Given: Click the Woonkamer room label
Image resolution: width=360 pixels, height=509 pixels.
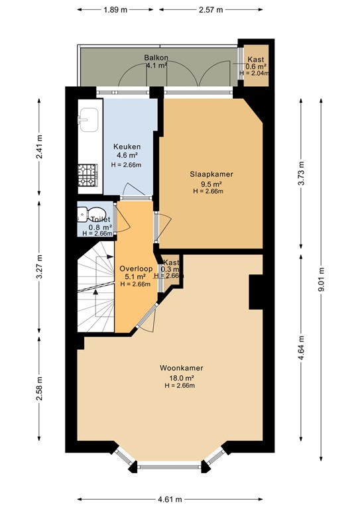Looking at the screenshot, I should click(x=181, y=368).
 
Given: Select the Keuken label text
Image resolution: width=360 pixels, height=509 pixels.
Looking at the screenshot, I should click(x=127, y=146).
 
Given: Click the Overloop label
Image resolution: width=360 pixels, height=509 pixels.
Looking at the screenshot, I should click(x=136, y=268).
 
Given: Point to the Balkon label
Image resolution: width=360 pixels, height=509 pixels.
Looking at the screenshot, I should click(x=155, y=58).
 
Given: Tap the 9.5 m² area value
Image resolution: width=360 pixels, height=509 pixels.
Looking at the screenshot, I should click(x=211, y=184).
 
